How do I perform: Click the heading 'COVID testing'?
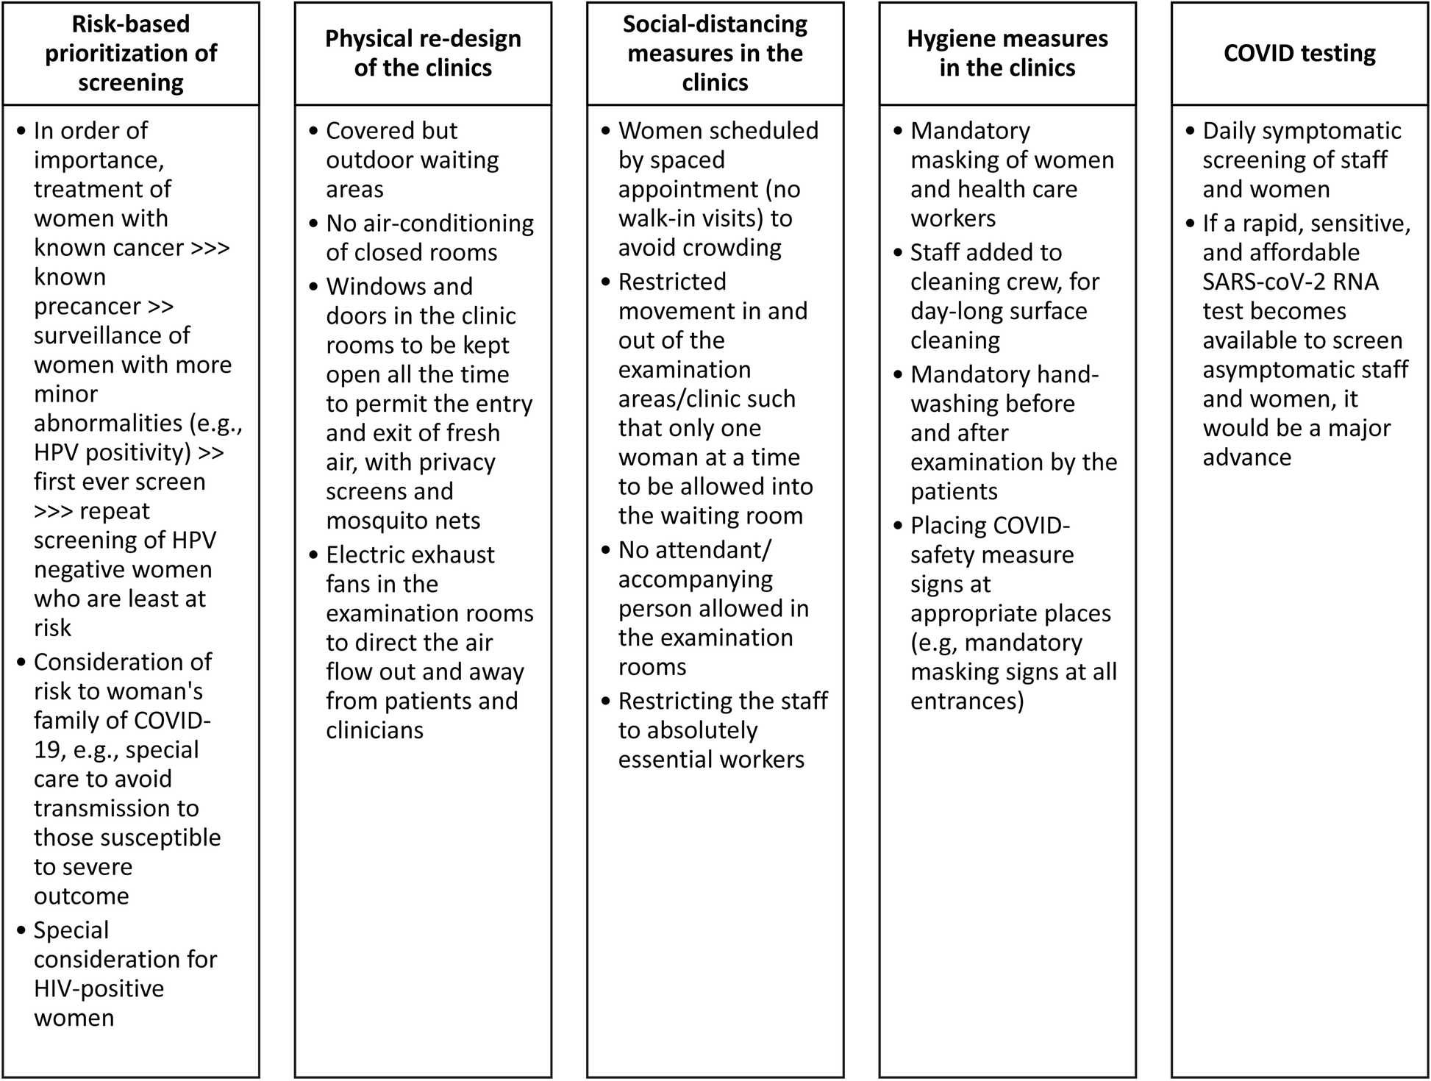click(x=1299, y=53)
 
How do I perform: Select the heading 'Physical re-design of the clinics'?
click(x=423, y=53)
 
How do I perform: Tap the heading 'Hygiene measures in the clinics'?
click(x=1007, y=53)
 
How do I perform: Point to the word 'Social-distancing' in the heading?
click(x=715, y=24)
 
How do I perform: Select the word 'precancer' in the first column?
click(x=88, y=306)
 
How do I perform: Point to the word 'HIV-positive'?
click(x=99, y=988)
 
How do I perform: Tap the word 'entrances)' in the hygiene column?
click(x=967, y=701)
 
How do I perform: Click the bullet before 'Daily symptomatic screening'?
click(x=1191, y=132)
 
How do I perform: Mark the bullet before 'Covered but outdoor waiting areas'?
click(x=314, y=132)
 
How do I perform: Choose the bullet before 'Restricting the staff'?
click(x=606, y=702)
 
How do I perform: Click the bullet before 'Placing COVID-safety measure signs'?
click(x=898, y=526)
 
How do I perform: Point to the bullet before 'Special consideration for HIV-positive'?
click(x=21, y=931)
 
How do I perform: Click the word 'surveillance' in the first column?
click(x=112, y=335)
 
